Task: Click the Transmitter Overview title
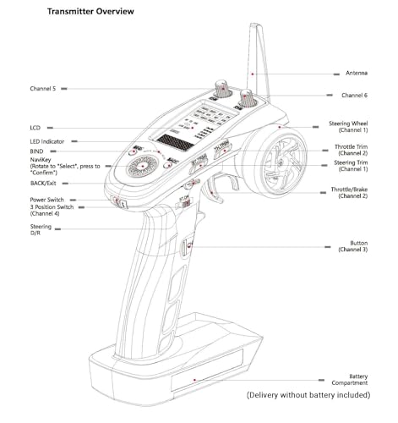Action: pyautogui.click(x=90, y=12)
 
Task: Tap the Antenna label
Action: pyautogui.click(x=357, y=73)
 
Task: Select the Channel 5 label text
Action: pyautogui.click(x=43, y=89)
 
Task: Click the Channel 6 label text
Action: pyautogui.click(x=354, y=96)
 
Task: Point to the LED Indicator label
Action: pyautogui.click(x=47, y=141)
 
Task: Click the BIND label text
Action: pyautogui.click(x=36, y=151)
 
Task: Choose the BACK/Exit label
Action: pyautogui.click(x=43, y=184)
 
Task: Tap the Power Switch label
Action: pyautogui.click(x=46, y=200)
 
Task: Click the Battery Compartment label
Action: pyautogui.click(x=350, y=380)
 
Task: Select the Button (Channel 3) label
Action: pyautogui.click(x=353, y=246)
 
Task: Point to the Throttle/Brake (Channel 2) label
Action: pyautogui.click(x=349, y=193)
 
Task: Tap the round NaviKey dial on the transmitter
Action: pyautogui.click(x=143, y=167)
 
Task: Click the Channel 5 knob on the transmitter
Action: pyautogui.click(x=222, y=89)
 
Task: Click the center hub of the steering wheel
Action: pyautogui.click(x=280, y=163)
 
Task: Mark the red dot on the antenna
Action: pyautogui.click(x=253, y=74)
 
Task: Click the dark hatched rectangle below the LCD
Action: pyautogui.click(x=175, y=142)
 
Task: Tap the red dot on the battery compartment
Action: pyautogui.click(x=194, y=380)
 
